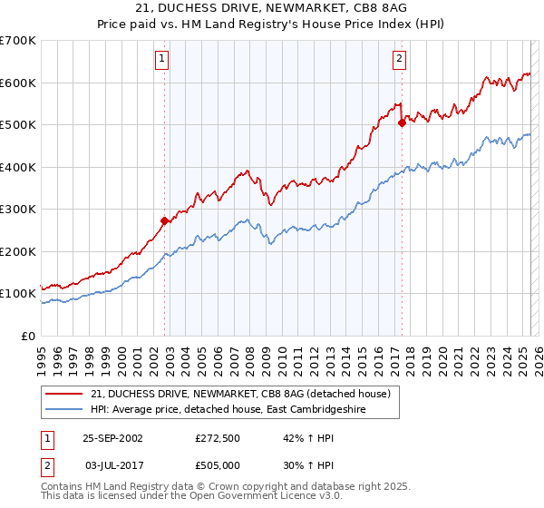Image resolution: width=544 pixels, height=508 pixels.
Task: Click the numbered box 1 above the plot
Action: point(162,60)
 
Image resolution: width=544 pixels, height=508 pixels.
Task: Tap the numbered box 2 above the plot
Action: point(399,60)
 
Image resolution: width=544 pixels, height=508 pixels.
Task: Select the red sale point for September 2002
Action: point(164,220)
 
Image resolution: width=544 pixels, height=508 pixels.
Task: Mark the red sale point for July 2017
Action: point(402,123)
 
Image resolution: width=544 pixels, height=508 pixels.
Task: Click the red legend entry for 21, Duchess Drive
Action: point(240,394)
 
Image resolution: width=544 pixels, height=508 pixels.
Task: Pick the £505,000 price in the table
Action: point(222,465)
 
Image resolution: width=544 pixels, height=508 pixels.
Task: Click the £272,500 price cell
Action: point(222,436)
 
